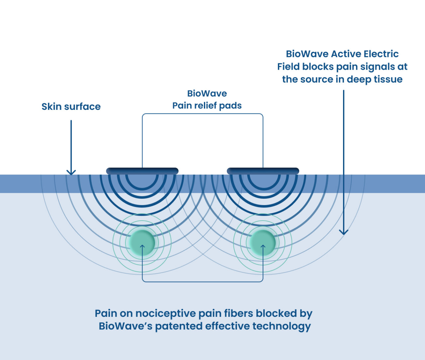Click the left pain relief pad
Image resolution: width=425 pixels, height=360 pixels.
coord(142,171)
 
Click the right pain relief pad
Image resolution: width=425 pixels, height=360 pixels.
coord(263,171)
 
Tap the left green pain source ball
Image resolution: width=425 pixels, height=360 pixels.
coord(142,243)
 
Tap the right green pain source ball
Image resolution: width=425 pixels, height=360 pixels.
coord(263,243)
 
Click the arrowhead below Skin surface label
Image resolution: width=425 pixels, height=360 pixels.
coord(71,172)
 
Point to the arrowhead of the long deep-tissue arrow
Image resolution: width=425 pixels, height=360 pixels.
coord(344,232)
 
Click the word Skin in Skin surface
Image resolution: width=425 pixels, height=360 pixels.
coord(51,107)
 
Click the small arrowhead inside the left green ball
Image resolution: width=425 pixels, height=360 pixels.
coord(142,247)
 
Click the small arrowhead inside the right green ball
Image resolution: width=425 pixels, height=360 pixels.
coord(263,247)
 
